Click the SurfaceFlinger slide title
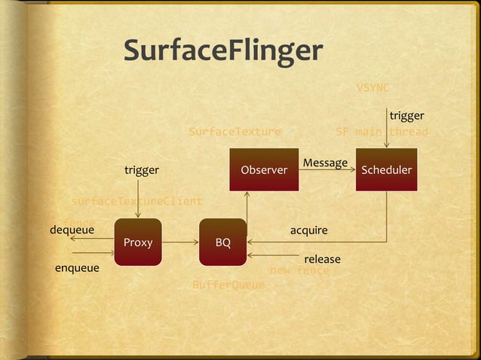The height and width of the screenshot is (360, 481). [223, 51]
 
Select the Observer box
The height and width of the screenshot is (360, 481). [264, 170]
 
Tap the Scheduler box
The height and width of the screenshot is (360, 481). [387, 170]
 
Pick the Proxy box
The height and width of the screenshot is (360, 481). [138, 243]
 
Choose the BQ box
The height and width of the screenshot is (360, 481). [223, 243]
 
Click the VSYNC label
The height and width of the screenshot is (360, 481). [372, 87]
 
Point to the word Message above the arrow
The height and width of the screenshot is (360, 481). [325, 163]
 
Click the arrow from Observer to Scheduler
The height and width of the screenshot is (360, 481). [327, 171]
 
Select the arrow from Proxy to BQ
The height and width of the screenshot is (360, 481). [180, 243]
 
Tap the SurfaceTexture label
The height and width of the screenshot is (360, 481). [234, 132]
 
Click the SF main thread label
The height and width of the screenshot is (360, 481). [381, 132]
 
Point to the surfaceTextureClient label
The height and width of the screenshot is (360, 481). [136, 201]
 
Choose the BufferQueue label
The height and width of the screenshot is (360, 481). [228, 285]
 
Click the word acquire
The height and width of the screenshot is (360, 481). [309, 229]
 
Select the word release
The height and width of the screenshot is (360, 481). [322, 259]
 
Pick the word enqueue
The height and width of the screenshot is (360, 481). [77, 267]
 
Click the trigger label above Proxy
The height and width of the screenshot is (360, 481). [142, 170]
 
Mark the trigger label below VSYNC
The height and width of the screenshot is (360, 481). [406, 116]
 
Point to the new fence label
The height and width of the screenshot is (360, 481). [299, 270]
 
